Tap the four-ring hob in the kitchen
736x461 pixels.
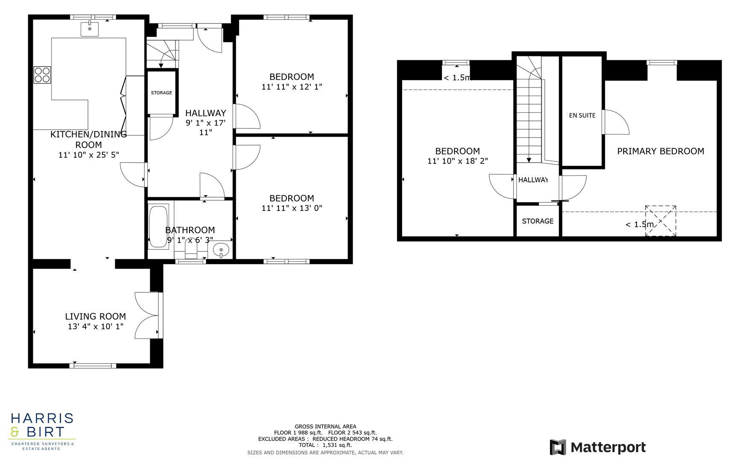pyautogui.click(x=42, y=75)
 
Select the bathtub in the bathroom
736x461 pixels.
pyautogui.click(x=158, y=227)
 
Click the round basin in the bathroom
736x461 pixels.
pyautogui.click(x=221, y=249)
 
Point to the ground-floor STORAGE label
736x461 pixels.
pyautogui.click(x=161, y=93)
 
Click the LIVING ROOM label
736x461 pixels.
pyautogui.click(x=95, y=316)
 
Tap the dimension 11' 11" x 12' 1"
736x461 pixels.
pyautogui.click(x=292, y=87)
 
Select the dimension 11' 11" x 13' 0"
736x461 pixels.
pyautogui.click(x=292, y=208)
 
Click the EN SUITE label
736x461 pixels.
pyautogui.click(x=582, y=115)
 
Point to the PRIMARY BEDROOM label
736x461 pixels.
pyautogui.click(x=660, y=151)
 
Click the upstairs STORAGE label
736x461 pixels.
pyautogui.click(x=537, y=221)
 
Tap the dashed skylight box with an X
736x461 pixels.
pyautogui.click(x=660, y=221)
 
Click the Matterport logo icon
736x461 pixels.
pyautogui.click(x=558, y=447)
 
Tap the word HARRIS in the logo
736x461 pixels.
pyautogui.click(x=42, y=418)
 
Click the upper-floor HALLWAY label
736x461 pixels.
pyautogui.click(x=533, y=180)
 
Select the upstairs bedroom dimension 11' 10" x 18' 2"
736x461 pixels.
pyautogui.click(x=457, y=161)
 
